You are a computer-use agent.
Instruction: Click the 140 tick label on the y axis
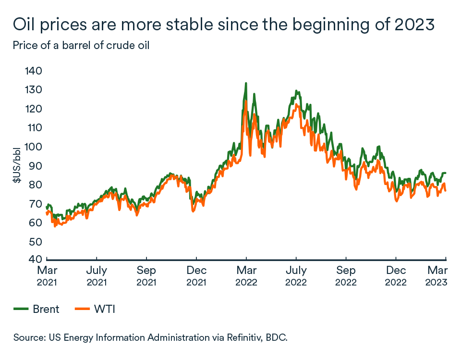coord(34,71)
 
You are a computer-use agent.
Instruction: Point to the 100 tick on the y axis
coord(34,147)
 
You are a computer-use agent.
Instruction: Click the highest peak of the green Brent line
coord(246,84)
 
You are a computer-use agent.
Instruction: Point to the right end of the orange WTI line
coord(446,191)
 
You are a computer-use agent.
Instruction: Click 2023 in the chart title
coord(422,24)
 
